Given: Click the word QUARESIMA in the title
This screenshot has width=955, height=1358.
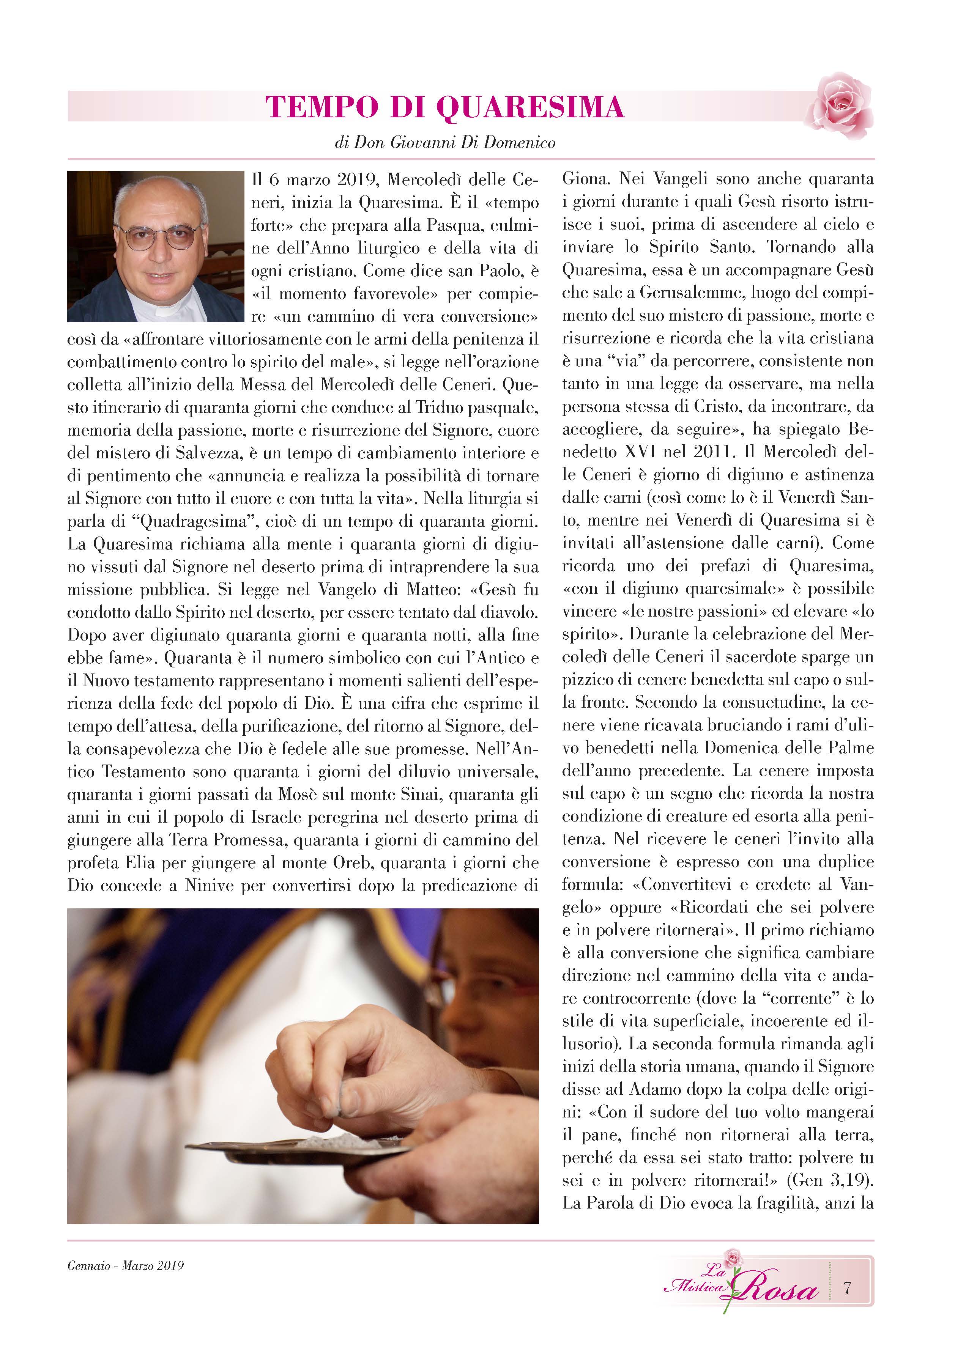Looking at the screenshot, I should point(530,107).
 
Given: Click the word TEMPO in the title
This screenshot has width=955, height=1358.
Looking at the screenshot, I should point(321,107).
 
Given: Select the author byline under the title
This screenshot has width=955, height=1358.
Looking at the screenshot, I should point(444,143).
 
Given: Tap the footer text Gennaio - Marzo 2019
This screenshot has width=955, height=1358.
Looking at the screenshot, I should point(125,1266).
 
